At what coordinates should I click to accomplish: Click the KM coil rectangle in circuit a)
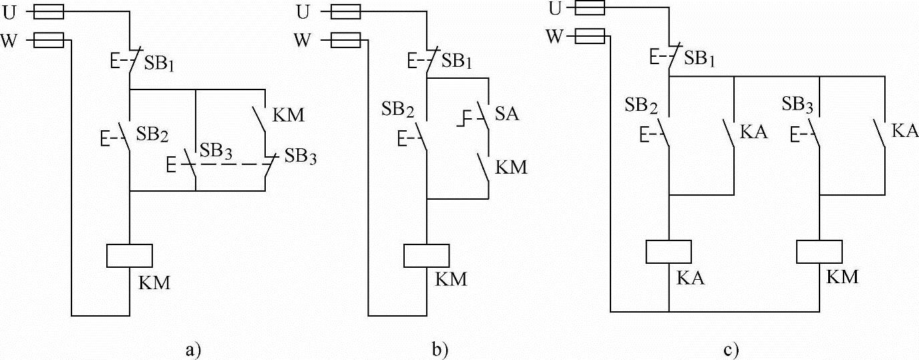(x=130, y=256)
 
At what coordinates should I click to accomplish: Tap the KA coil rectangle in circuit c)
(x=669, y=251)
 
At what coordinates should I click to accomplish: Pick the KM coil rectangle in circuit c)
(x=819, y=251)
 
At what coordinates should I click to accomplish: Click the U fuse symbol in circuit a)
(x=48, y=11)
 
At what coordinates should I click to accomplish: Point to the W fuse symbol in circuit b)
(x=346, y=40)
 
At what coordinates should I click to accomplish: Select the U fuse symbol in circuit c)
(x=589, y=8)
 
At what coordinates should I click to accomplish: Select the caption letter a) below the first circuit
(x=194, y=348)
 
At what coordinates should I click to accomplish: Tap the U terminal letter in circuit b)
(x=304, y=11)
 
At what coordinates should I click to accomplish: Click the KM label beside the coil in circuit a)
(x=155, y=283)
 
